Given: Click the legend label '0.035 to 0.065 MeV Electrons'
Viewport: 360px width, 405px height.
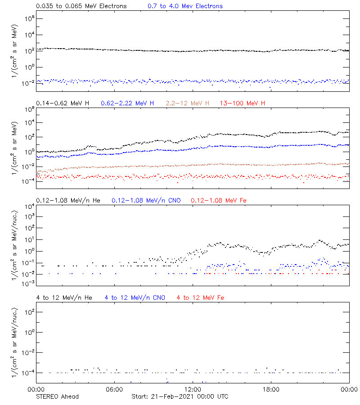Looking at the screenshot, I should point(81,6).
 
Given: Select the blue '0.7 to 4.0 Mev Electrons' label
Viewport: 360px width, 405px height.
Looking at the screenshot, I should point(185,6).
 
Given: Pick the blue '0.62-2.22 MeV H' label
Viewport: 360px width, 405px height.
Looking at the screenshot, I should point(127,103).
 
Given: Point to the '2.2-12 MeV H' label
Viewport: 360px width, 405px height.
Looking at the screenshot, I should point(188,103).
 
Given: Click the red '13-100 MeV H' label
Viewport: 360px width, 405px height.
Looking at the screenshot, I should point(243,103).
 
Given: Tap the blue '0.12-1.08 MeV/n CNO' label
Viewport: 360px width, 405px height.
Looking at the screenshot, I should point(146,200).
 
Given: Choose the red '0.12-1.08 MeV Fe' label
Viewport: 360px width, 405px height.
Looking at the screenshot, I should point(219,200).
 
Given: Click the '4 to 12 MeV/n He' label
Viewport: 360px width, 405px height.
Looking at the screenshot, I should point(64,297).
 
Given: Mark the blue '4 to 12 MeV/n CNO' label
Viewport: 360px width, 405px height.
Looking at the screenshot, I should point(135,297).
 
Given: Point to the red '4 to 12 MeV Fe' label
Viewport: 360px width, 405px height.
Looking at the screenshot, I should point(200,297).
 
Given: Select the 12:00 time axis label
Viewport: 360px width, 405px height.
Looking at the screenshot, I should point(193,390).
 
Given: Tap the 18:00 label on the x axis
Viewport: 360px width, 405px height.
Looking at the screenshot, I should point(271,390).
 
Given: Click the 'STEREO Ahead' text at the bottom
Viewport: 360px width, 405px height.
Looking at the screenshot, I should point(57,396).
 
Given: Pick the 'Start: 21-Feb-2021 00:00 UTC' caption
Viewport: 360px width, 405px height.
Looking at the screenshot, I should point(180,396).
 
